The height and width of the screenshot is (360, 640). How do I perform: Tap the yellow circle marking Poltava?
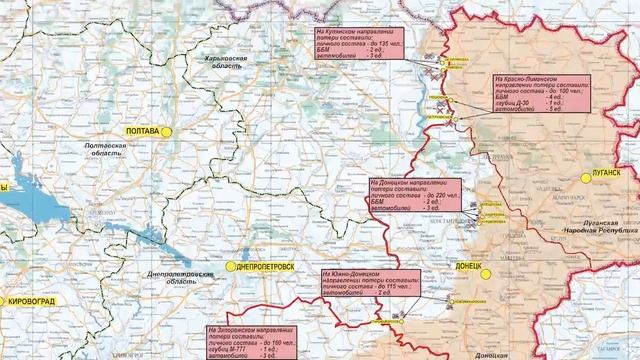[x=171, y=131]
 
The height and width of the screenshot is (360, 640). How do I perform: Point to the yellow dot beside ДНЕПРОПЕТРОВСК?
[x=230, y=267]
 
